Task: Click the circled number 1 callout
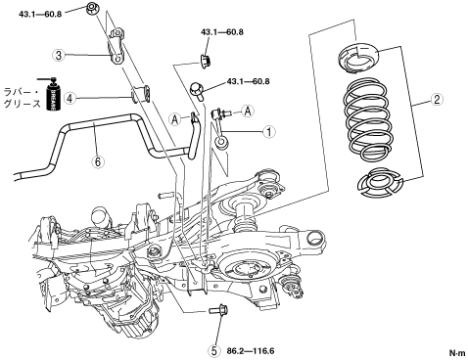(269, 132)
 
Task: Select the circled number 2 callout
(437, 99)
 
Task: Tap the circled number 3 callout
(59, 55)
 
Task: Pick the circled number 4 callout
(70, 98)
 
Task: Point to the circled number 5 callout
(213, 351)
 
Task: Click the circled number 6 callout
(98, 161)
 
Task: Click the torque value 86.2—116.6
(251, 351)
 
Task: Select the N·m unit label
(457, 353)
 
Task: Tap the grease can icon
(52, 94)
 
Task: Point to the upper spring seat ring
(357, 56)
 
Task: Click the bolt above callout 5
(218, 309)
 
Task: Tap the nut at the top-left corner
(91, 8)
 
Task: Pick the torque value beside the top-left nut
(40, 15)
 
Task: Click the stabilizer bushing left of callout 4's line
(140, 93)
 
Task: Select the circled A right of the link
(248, 112)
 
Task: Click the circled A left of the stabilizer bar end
(175, 119)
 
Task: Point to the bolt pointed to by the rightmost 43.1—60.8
(197, 90)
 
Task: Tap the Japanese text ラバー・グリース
(23, 98)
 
